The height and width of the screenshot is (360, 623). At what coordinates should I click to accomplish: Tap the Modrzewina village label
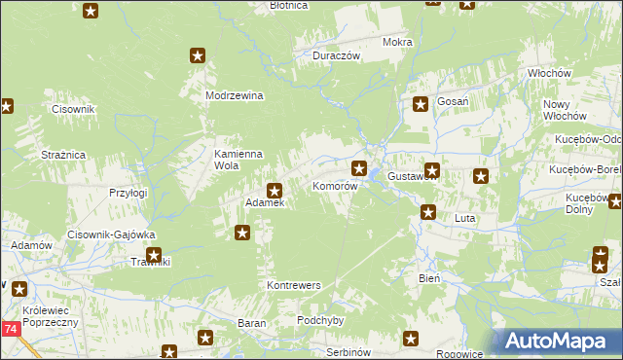pos(236,95)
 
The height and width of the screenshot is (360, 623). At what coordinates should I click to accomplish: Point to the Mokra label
pos(397,43)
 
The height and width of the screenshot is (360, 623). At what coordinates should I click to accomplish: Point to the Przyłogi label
pos(128,193)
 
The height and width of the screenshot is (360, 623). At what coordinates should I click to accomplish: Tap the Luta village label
pos(464,219)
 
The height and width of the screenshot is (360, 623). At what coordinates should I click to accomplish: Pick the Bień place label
pos(429,277)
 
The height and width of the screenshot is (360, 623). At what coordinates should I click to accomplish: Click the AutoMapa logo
pos(556,342)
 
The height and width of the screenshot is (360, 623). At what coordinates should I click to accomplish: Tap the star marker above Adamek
pos(275,191)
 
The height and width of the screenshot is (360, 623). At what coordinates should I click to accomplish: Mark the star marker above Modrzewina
pos(198,56)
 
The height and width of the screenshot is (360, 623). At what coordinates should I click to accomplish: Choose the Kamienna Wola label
pos(239,160)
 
